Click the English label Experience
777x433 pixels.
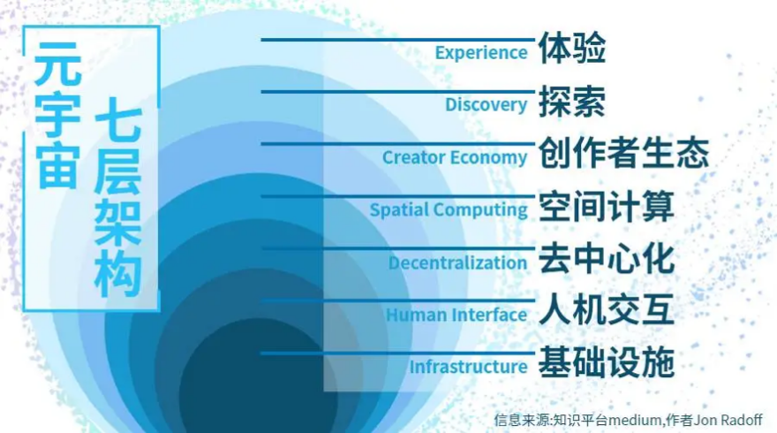(481, 53)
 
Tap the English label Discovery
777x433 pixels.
(486, 105)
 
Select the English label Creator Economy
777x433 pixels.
(455, 157)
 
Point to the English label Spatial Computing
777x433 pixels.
(449, 210)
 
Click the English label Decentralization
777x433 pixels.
(457, 262)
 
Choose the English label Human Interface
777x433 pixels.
(456, 315)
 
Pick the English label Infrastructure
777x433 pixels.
(468, 367)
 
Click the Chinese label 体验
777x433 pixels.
(572, 49)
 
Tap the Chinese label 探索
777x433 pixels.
(572, 102)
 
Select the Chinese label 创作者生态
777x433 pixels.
(623, 154)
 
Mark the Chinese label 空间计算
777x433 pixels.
(607, 207)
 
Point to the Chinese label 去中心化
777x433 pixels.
(607, 259)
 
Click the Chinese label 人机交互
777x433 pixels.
(607, 311)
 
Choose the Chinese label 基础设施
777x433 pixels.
(607, 363)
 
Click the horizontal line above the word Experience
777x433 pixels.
(397, 39)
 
